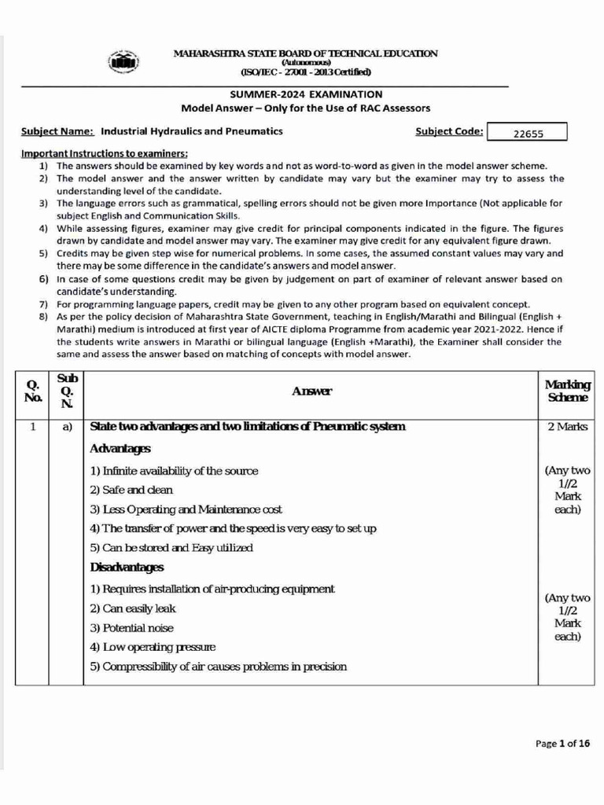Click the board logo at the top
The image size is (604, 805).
tap(123, 63)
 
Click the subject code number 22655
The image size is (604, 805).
tap(528, 133)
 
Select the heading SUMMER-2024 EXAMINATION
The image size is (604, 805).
tap(306, 94)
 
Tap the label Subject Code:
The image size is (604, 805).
tap(449, 131)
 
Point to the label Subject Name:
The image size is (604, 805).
tap(57, 131)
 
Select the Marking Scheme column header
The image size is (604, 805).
tap(567, 391)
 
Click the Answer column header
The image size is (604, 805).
tap(312, 391)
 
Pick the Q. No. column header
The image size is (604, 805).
tap(32, 391)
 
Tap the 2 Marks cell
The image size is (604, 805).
tap(567, 427)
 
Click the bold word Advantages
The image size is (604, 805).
tap(120, 448)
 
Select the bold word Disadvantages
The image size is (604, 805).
tap(127, 567)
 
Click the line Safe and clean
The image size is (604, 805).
tap(131, 490)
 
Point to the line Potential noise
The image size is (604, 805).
tap(131, 628)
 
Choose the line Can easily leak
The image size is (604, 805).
tap(133, 608)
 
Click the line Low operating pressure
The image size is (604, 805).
tap(153, 647)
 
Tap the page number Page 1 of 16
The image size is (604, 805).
tap(562, 743)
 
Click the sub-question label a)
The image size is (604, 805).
tap(67, 427)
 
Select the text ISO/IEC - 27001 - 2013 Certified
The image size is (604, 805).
tap(306, 72)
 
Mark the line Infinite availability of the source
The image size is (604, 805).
tap(174, 471)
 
